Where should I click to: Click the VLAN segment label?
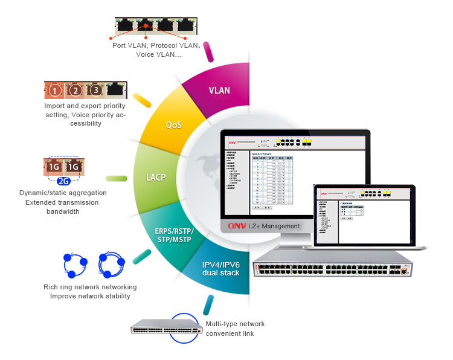click(219, 91)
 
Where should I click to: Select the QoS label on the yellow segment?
click(174, 125)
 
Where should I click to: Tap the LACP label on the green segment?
click(156, 178)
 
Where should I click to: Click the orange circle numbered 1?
click(55, 91)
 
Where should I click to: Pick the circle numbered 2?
click(75, 91)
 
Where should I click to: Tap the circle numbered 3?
click(95, 91)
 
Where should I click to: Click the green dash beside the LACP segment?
click(117, 179)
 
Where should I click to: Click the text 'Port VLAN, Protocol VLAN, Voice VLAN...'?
click(155, 50)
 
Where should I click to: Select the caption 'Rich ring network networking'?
click(90, 287)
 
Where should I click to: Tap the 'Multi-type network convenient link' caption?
click(235, 329)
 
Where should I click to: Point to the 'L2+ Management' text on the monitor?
click(275, 226)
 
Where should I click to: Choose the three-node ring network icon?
click(75, 264)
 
